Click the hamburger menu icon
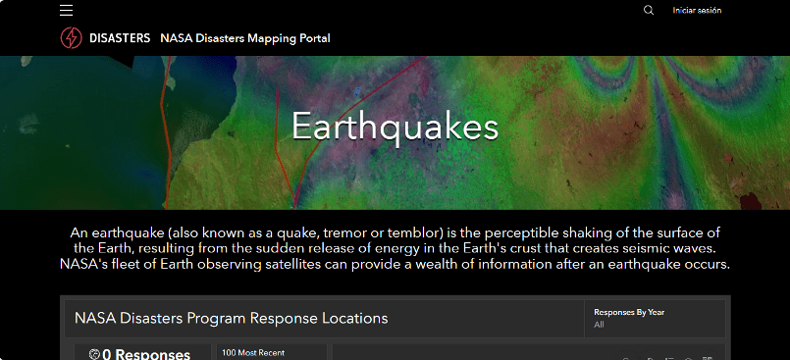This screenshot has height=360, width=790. [x=66, y=10]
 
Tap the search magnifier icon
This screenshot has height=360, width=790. [x=649, y=10]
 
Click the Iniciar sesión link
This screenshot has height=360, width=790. [x=697, y=10]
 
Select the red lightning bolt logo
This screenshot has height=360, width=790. [x=71, y=37]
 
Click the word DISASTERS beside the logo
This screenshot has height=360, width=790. [x=120, y=38]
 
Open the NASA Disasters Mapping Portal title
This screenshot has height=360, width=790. [x=245, y=38]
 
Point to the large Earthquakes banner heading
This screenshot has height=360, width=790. [x=395, y=126]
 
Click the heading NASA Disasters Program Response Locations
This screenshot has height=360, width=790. [x=232, y=318]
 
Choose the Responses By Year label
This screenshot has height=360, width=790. [x=629, y=312]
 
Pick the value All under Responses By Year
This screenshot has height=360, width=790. [x=599, y=325]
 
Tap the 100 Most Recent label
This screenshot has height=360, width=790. [x=253, y=353]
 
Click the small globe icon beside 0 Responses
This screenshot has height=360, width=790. [x=94, y=354]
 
